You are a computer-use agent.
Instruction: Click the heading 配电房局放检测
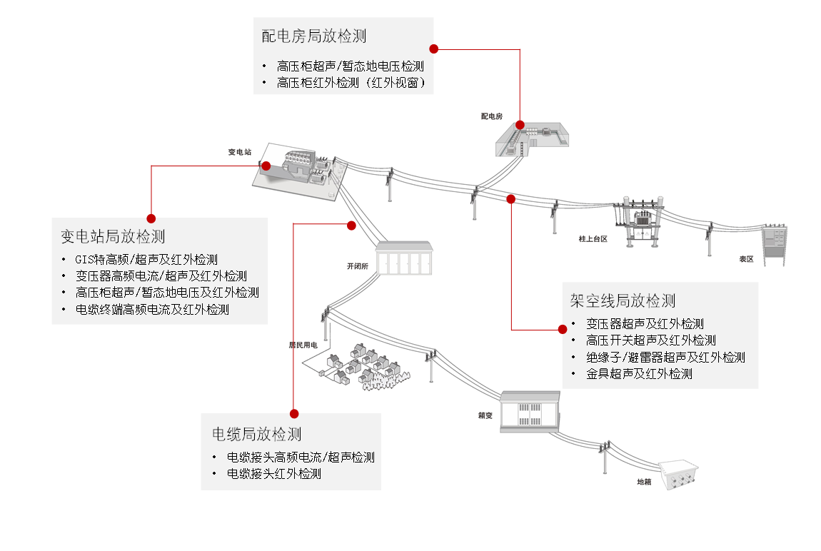click(x=313, y=36)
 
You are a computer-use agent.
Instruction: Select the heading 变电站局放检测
click(x=113, y=236)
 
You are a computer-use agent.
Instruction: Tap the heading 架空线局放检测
click(x=623, y=301)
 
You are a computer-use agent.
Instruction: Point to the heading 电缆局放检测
click(x=256, y=434)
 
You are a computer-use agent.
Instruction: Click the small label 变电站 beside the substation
click(x=239, y=152)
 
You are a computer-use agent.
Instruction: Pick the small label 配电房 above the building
click(x=492, y=116)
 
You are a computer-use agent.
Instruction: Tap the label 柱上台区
click(x=593, y=238)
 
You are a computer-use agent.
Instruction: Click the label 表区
click(x=746, y=259)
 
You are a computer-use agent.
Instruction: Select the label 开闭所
click(x=358, y=266)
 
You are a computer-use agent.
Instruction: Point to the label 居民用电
click(x=303, y=345)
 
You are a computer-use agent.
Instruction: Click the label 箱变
click(x=485, y=415)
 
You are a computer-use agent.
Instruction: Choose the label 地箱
click(x=644, y=482)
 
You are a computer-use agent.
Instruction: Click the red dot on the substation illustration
click(x=266, y=166)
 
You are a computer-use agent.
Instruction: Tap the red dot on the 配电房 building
click(x=520, y=124)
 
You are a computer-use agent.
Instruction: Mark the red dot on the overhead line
click(x=511, y=199)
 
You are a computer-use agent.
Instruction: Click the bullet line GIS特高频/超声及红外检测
click(x=146, y=260)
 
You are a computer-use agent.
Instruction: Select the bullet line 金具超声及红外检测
click(x=640, y=373)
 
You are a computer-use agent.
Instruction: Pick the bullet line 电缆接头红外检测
click(x=274, y=473)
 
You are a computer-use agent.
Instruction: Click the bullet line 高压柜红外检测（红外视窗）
click(x=351, y=83)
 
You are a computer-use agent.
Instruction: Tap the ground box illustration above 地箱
click(x=679, y=474)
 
